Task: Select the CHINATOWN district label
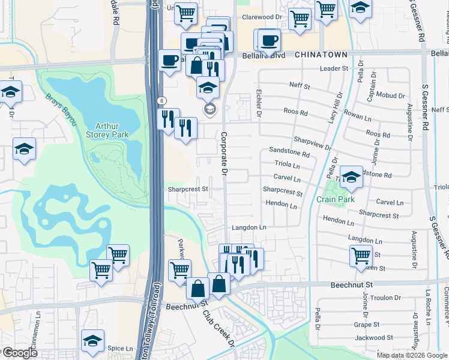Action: (321, 55)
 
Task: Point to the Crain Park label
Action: (335, 199)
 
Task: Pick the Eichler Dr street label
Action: (259, 103)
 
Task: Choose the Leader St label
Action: (334, 69)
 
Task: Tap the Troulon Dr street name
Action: (385, 298)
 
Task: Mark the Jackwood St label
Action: (385, 338)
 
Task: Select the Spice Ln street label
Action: (120, 349)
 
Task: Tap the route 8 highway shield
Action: (161, 99)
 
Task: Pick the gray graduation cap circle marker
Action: (210, 109)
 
